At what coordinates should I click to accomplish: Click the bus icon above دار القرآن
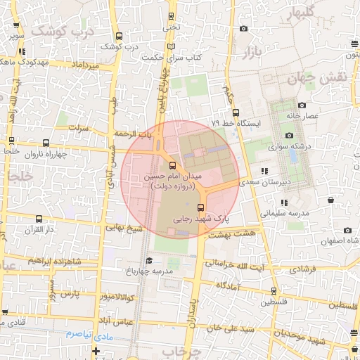point(38,218)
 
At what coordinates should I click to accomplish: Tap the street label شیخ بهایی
point(124,228)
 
